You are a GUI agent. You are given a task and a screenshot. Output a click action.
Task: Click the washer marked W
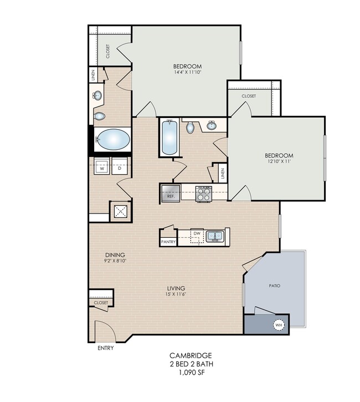coord(102,166)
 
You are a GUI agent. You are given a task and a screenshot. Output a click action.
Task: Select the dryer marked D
coord(120,166)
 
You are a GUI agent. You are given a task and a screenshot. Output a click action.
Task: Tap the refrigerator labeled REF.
coord(171,193)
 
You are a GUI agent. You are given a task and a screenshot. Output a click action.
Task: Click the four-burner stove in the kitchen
coord(204,194)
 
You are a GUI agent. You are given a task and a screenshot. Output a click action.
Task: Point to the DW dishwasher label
coord(197,233)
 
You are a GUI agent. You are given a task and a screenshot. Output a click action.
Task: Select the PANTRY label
coord(168,242)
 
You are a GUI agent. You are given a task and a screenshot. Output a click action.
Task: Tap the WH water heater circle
coord(279,325)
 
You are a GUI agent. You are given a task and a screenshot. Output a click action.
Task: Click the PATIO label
coord(275,286)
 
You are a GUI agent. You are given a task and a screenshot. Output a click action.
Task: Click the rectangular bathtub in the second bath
coord(169,137)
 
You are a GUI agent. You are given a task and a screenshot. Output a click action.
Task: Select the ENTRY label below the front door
coord(105,348)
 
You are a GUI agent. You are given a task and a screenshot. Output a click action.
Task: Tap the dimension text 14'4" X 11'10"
coord(187,72)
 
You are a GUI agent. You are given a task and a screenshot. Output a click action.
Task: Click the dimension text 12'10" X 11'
coord(279,161)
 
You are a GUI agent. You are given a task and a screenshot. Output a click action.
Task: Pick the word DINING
coord(115,255)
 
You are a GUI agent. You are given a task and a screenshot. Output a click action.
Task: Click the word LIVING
coord(176,288)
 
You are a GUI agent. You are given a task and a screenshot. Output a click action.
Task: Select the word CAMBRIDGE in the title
coord(191,355)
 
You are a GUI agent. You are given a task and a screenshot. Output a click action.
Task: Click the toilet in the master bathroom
coord(99,116)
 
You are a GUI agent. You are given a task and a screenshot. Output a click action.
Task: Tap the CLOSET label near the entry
coord(101,303)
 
